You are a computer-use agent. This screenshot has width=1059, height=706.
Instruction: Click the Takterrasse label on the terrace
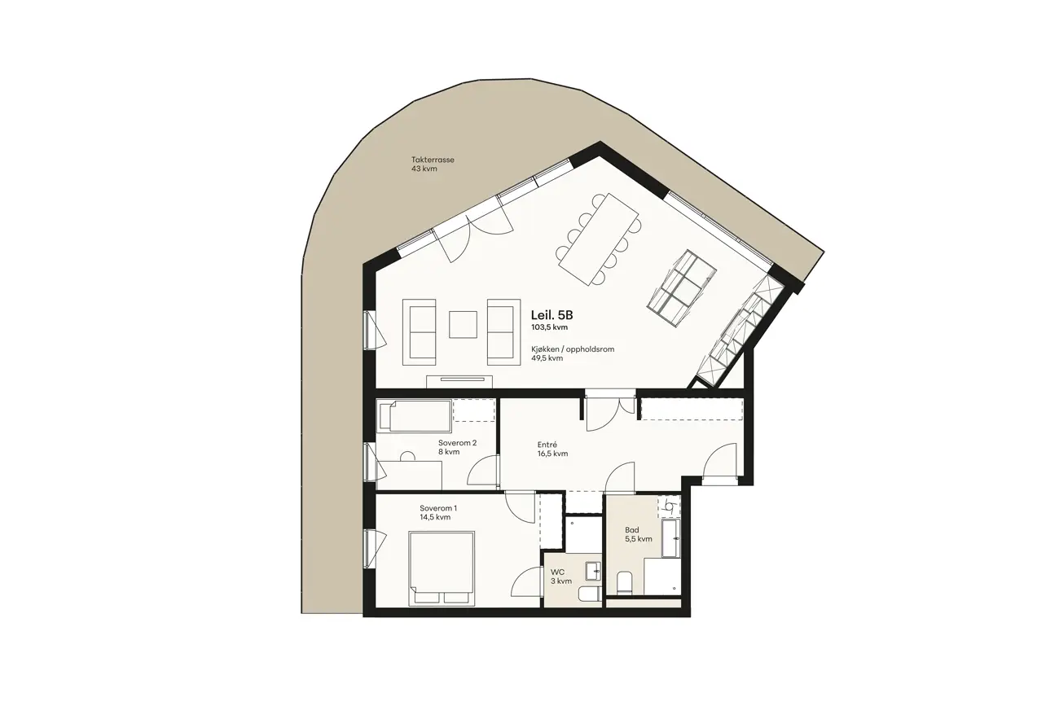coord(433,160)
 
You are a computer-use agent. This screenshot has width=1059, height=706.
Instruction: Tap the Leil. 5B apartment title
coord(551,315)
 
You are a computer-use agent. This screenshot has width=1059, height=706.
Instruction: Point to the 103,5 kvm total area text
coord(549,327)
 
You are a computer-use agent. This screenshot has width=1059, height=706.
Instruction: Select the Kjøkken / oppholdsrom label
coord(573,349)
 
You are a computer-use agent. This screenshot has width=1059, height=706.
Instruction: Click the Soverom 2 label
coord(457,443)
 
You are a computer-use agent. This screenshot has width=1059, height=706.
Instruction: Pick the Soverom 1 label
coord(438,508)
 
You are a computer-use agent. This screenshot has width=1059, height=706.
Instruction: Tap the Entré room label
coord(547,445)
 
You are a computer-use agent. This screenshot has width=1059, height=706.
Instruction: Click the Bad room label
coord(631,530)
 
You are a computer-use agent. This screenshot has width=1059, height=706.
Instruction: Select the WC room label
coord(557,572)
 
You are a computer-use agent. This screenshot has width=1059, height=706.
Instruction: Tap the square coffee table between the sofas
coord(463,324)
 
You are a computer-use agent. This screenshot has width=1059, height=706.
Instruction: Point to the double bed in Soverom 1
coord(442,568)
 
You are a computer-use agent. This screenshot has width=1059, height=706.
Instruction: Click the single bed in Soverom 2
coord(414,416)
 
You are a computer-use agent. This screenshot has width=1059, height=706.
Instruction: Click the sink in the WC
coord(593,571)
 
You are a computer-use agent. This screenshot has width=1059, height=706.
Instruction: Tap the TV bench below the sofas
coord(459,382)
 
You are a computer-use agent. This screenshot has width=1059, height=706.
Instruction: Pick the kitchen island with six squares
coord(681,287)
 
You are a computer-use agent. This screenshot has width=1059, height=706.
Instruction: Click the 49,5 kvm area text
coord(547,358)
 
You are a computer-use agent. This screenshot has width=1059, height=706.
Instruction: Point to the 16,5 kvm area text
coord(552,454)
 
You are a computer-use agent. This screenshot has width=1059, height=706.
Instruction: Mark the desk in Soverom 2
coord(410,475)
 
